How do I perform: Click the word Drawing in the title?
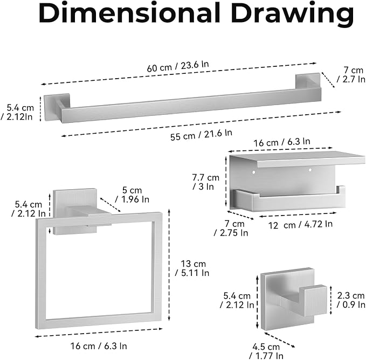[x=293, y=13]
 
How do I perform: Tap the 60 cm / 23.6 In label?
[x=178, y=66]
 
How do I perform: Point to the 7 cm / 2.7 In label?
[x=351, y=75]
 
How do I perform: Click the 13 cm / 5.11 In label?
[x=192, y=268]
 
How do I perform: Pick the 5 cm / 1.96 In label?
[x=132, y=195]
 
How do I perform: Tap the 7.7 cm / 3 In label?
[x=205, y=182]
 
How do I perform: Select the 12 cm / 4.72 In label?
[x=300, y=225]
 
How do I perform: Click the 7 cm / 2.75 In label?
[x=231, y=228]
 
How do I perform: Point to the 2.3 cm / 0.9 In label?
[x=351, y=300]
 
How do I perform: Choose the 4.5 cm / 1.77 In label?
[x=266, y=351]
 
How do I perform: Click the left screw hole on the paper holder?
[x=253, y=172]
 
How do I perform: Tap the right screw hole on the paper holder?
[x=310, y=170]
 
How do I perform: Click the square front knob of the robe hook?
[x=313, y=301]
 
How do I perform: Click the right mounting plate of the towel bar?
[x=308, y=81]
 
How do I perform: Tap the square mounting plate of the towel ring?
[x=75, y=211]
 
